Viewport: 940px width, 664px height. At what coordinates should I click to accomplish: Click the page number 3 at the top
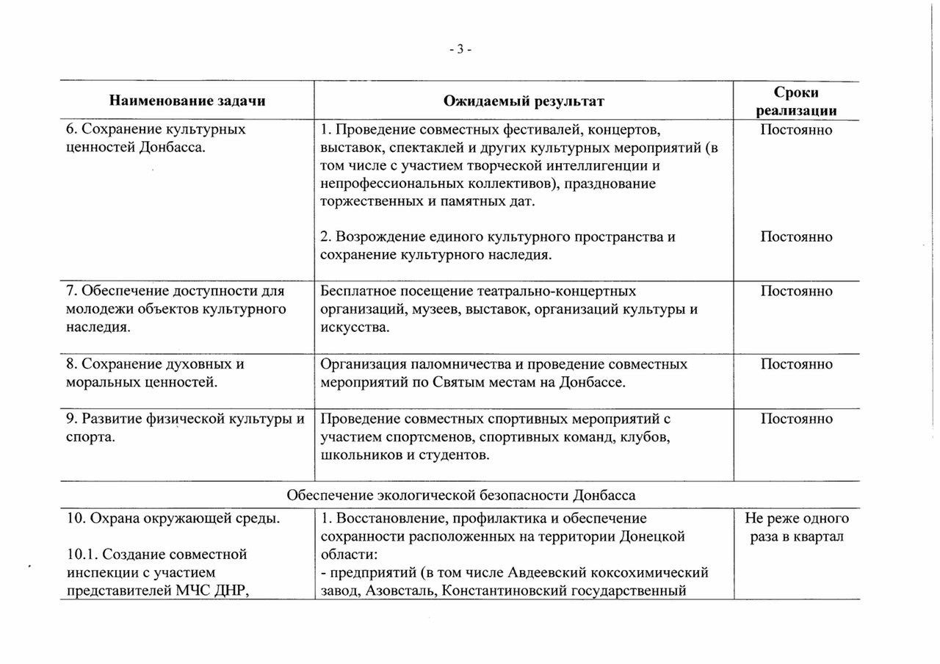(460, 50)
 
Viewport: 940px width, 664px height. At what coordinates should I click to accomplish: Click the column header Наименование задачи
(187, 101)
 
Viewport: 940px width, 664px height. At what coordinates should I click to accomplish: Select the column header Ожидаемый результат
(524, 101)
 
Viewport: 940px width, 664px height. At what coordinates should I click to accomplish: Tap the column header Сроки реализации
(797, 101)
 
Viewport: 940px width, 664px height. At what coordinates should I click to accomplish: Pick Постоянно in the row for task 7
(797, 292)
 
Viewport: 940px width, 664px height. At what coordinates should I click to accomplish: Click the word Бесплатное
(357, 292)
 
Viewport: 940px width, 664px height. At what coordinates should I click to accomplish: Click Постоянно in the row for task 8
(797, 364)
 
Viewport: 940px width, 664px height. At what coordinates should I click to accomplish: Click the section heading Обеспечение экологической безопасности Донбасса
(460, 494)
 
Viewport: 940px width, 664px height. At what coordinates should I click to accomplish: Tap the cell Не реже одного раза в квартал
(797, 527)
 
